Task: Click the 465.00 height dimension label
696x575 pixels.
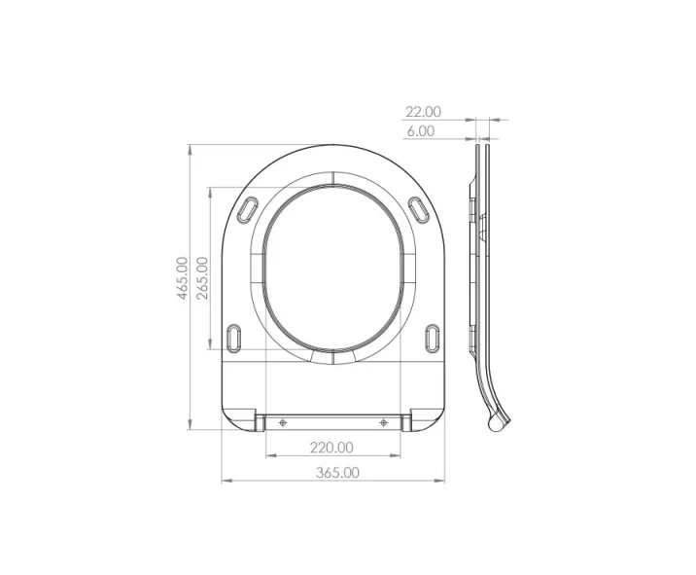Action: click(182, 279)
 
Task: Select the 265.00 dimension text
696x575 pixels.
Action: click(202, 278)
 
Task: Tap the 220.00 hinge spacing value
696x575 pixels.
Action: click(331, 448)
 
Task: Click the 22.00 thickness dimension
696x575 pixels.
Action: click(423, 112)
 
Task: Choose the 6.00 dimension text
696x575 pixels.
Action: click(420, 130)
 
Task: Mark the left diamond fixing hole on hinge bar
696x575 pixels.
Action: click(283, 421)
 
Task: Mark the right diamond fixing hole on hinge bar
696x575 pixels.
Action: click(385, 421)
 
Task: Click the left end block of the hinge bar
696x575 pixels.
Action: click(261, 420)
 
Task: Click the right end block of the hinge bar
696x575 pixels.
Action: click(407, 420)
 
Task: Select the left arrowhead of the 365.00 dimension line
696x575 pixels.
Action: click(226, 481)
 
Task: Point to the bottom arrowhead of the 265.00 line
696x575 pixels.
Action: click(211, 346)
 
